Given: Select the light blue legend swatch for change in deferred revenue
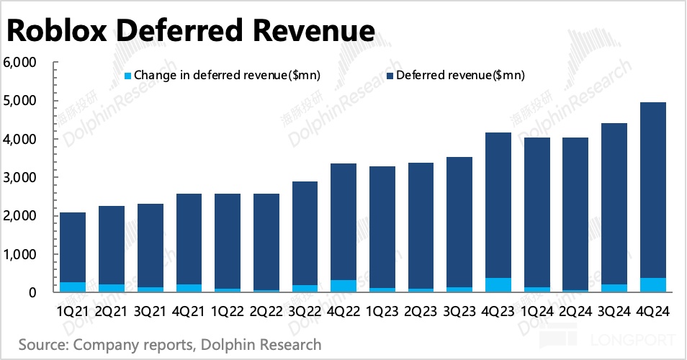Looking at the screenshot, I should (x=128, y=75).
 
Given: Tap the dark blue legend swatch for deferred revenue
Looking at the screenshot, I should (x=390, y=75).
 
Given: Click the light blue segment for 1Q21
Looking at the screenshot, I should (x=73, y=287).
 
